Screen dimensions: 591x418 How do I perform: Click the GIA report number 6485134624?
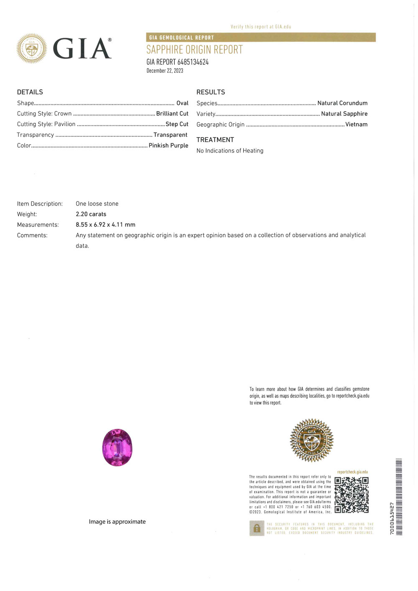tap(193, 62)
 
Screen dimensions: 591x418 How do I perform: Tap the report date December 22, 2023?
tap(165, 71)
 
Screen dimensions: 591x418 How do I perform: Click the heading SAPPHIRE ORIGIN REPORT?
tap(194, 50)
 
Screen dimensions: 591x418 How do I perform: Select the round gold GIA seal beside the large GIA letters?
tap(31, 48)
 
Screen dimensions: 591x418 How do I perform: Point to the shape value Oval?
tap(182, 103)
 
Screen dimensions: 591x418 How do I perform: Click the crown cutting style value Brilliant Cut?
tap(172, 114)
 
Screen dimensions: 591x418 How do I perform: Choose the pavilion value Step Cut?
tap(177, 124)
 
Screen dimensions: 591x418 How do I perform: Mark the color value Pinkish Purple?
tap(168, 145)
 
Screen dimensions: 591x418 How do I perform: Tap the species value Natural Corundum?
tap(342, 103)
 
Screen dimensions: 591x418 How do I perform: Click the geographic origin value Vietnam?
tap(356, 125)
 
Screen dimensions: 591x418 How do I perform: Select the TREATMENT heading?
tap(215, 140)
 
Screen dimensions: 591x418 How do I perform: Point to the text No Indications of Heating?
tap(230, 151)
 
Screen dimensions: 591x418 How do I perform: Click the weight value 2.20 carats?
tap(91, 214)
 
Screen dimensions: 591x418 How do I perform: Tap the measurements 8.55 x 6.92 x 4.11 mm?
tap(105, 225)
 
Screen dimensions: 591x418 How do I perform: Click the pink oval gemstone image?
tap(117, 447)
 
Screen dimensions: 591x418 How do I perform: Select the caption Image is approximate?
tap(117, 522)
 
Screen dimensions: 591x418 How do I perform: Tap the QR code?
tap(352, 495)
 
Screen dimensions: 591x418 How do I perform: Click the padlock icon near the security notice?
tap(257, 528)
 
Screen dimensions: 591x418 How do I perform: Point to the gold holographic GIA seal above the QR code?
tap(312, 440)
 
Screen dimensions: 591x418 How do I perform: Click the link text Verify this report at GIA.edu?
tap(261, 27)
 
